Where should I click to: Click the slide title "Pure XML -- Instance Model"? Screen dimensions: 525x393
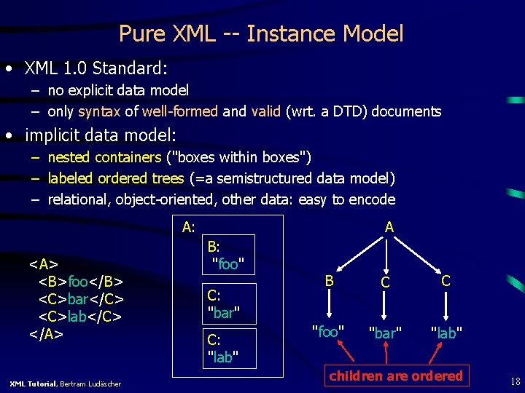coord(261,33)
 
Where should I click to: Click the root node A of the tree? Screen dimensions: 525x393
coord(389,227)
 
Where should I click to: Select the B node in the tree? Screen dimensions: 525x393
coord(330,280)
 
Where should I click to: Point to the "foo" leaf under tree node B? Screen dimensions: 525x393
coord(328,332)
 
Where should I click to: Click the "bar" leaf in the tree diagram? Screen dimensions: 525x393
coord(385,333)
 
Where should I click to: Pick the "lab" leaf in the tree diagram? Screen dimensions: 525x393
coord(446,333)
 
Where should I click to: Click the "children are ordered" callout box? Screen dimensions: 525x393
coord(396,376)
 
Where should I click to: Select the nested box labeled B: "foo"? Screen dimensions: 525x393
coord(227,255)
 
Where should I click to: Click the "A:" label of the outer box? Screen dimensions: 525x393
coord(188,227)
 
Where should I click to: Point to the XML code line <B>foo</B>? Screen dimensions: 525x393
coord(81,282)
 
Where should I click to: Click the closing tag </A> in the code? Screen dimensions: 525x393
coord(46,334)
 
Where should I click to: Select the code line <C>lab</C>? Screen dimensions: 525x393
coord(80,317)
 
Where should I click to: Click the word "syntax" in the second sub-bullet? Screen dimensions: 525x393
coord(99,111)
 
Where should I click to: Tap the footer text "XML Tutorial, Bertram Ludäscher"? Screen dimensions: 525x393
coord(66,384)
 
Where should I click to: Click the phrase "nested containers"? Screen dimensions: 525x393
coord(104,157)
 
